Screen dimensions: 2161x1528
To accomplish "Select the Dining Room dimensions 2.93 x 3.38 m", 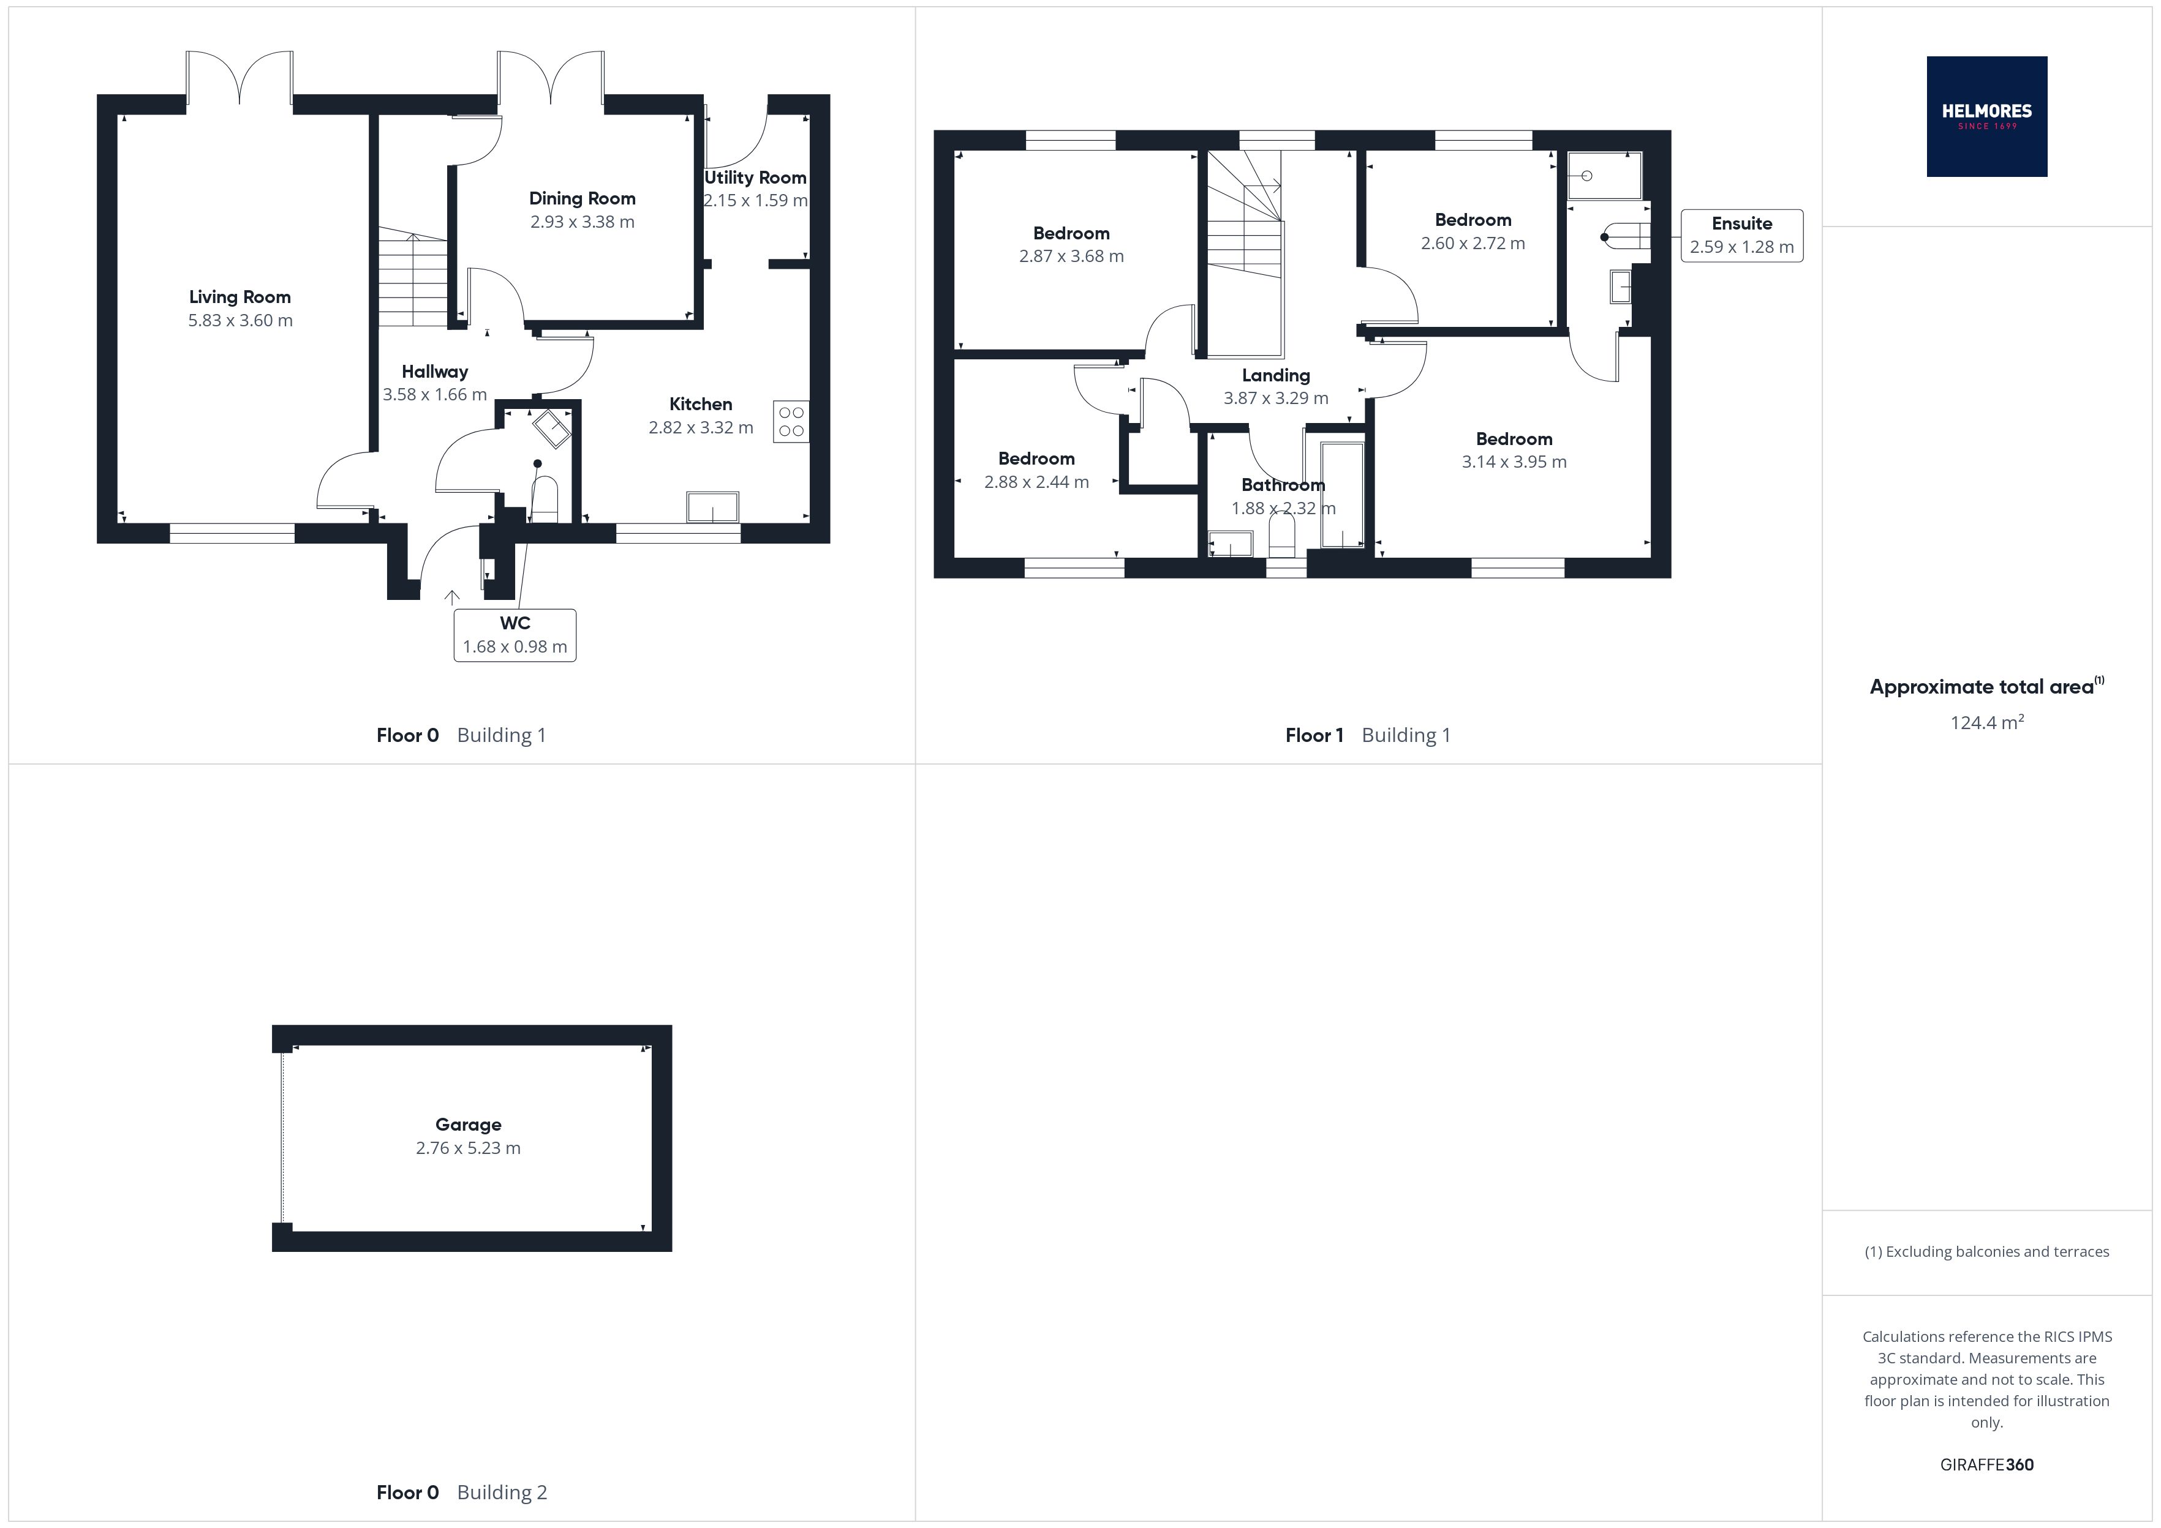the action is [582, 222].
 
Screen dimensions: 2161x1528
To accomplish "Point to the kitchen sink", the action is [712, 507].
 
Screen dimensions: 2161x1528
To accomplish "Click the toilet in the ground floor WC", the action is [545, 500].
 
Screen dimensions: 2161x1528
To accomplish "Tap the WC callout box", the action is [515, 635].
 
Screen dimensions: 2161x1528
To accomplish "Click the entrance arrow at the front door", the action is [452, 596].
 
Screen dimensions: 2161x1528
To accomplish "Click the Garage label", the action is [468, 1125].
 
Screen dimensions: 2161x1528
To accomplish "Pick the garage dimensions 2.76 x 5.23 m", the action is [468, 1148].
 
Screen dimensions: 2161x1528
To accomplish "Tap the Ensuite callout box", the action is [1741, 235].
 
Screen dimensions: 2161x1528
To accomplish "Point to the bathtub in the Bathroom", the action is [1341, 495].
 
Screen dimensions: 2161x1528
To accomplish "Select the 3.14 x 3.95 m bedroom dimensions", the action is [1514, 462].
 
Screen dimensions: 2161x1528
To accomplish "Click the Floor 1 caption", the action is [1314, 736].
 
